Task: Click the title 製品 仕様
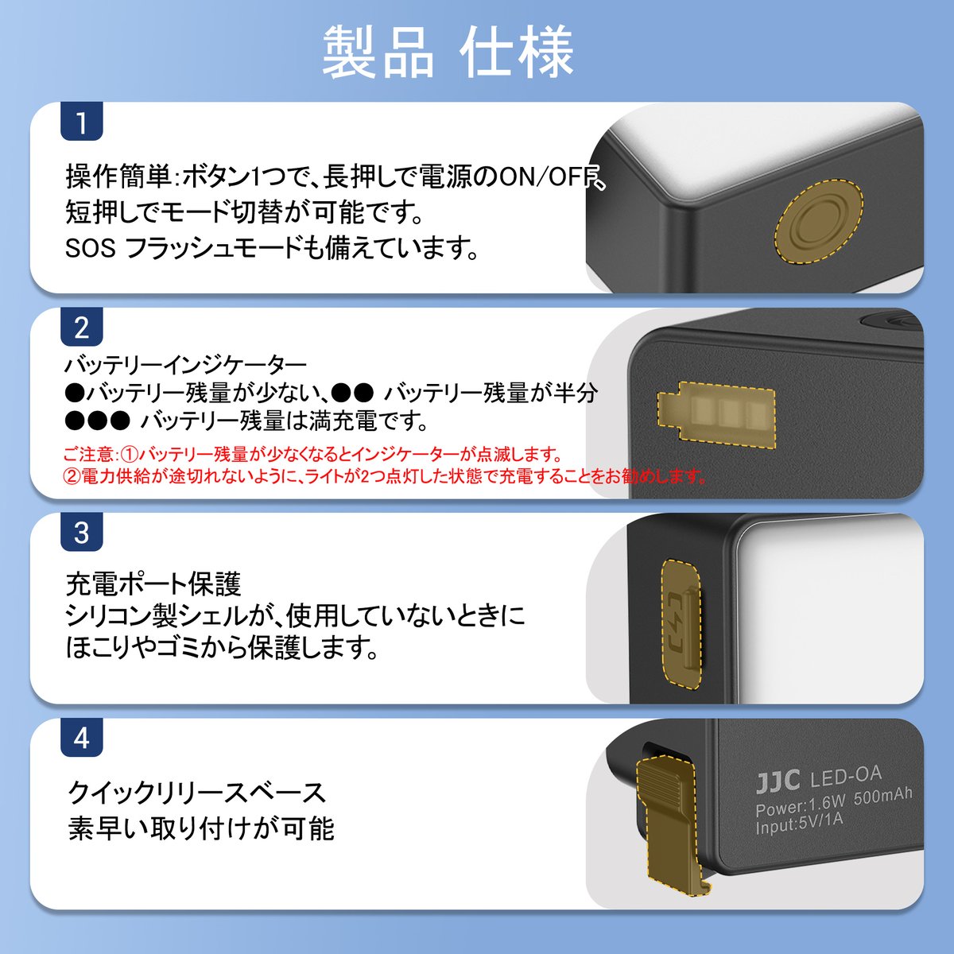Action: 448,52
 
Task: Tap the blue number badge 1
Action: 81,123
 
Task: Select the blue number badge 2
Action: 81,328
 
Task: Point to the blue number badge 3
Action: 81,533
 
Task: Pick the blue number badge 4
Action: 81,739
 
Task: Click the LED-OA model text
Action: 845,775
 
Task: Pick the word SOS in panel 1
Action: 90,249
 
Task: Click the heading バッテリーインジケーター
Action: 185,365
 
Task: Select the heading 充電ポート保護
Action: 153,584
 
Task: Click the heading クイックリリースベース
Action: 196,793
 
